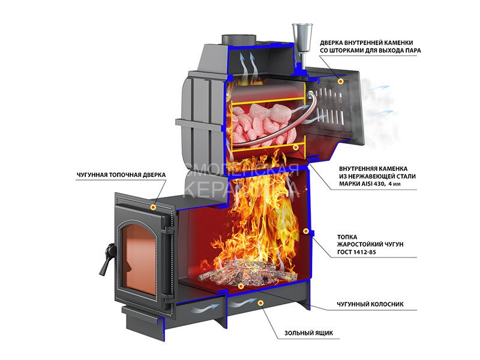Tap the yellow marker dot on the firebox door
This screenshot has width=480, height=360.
pyautogui.click(x=154, y=206)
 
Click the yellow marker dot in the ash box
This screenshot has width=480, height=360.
pyautogui.click(x=260, y=303)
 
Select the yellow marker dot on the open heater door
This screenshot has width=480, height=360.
pyautogui.click(x=341, y=80)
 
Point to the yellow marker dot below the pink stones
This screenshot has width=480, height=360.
pyautogui.click(x=296, y=146)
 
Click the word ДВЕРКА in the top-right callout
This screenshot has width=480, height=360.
pyautogui.click(x=334, y=43)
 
